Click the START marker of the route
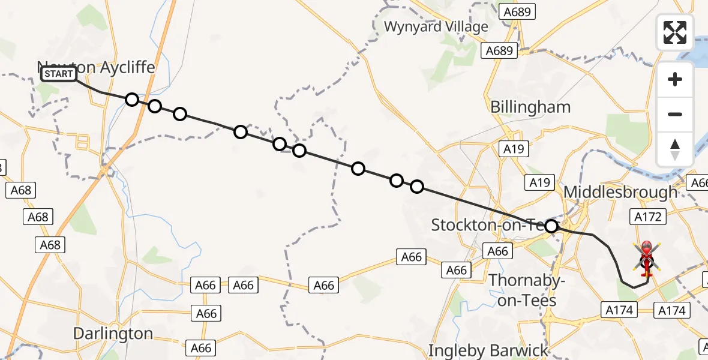coord(59,74)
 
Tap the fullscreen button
coord(675,32)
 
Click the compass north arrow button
coord(675,149)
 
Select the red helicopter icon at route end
coord(647,259)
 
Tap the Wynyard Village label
coord(436,27)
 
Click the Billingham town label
coord(530,107)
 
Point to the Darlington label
coord(113,333)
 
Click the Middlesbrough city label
coord(621,193)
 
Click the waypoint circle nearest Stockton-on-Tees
coord(551,226)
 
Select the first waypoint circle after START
coord(132,100)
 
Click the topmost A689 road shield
coord(519,12)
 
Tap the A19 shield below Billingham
coord(514,149)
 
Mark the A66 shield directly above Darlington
coord(206,313)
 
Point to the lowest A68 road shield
coord(50,245)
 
